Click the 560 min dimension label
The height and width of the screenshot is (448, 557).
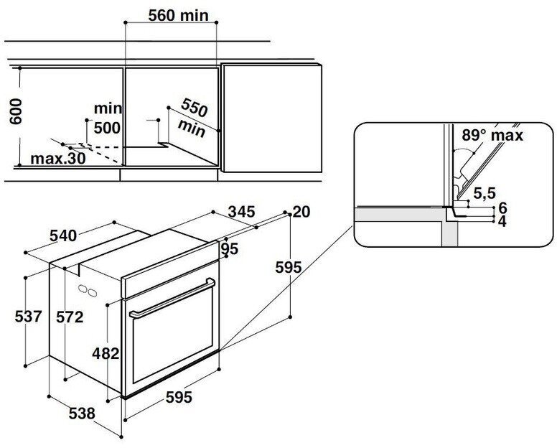pos(172,14)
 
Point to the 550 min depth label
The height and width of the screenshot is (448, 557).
pos(192,118)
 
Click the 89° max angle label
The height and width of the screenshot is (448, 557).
pos(492,135)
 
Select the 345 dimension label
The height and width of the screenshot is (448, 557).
pos(240,212)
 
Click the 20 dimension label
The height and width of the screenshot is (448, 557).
pos(301,211)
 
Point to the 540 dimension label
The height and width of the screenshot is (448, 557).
pos(64,235)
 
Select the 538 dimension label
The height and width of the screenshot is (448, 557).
pos(83,414)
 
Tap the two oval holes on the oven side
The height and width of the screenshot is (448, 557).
pos(88,291)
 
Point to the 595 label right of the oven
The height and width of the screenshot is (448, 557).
pos(288,267)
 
